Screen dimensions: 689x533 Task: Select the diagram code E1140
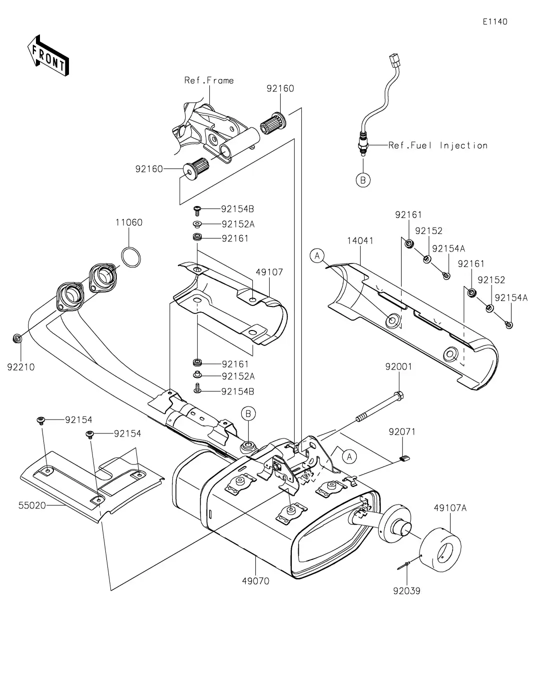[x=495, y=21]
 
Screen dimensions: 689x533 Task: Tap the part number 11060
[x=129, y=222]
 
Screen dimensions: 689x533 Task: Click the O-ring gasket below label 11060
[x=131, y=257]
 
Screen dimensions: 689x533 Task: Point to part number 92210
[x=21, y=367]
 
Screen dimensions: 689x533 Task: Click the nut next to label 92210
[x=16, y=339]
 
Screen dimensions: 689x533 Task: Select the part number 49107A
[x=450, y=508]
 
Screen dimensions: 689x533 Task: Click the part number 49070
[x=255, y=581]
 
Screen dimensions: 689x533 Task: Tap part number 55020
[x=32, y=505]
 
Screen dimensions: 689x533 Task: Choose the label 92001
[x=398, y=367]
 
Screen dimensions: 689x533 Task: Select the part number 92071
[x=403, y=431]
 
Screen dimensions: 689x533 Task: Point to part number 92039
[x=407, y=591]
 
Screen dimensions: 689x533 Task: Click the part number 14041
[x=360, y=240]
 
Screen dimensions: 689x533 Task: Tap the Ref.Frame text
[x=209, y=80]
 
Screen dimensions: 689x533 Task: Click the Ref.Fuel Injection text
[x=438, y=145]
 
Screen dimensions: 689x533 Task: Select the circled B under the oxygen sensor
[x=363, y=180]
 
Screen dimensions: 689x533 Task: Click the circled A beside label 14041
[x=317, y=256]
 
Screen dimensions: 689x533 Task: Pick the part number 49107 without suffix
[x=269, y=272]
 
